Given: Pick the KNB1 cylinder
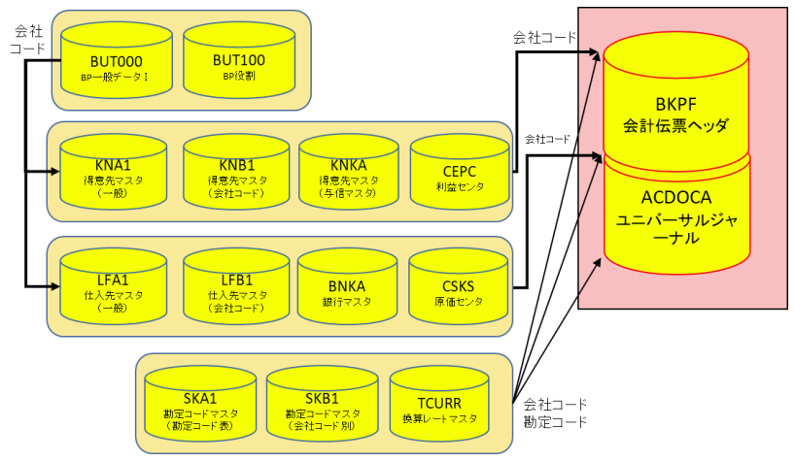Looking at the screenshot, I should coord(236,175).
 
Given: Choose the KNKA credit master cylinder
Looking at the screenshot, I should coord(352,175).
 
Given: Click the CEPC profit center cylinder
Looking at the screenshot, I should coord(460,175).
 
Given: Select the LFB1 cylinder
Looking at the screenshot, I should coord(236,288).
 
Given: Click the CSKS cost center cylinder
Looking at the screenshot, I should coord(460,288).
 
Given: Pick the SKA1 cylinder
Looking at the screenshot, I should coord(197,407).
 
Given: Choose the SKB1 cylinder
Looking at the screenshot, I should coord(321,407).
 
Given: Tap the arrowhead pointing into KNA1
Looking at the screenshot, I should coord(54,172).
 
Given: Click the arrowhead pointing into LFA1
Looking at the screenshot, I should coord(54,285).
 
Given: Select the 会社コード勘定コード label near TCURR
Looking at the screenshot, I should coord(555,413).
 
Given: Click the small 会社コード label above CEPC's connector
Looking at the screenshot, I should coord(547,139).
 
